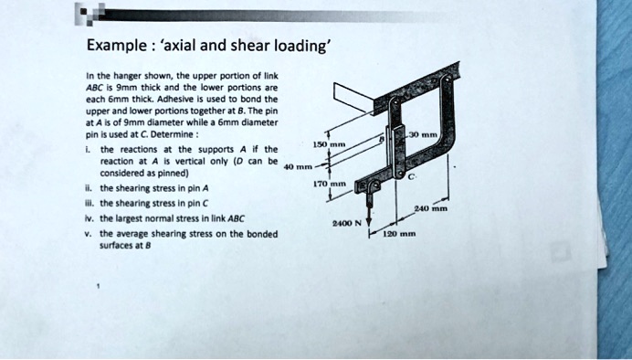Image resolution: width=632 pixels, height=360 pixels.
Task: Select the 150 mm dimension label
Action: (325, 146)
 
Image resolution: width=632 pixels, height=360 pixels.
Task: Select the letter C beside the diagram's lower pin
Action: (414, 175)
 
